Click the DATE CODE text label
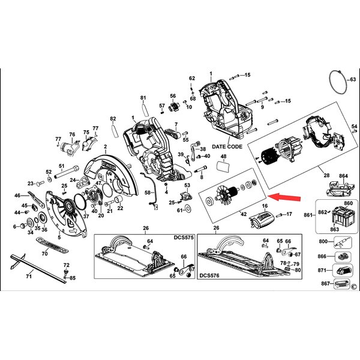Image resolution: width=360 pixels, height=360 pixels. pyautogui.click(x=226, y=146)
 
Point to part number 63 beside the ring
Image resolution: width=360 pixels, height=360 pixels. pyautogui.click(x=352, y=79)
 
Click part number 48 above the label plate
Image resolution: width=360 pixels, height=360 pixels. pyautogui.click(x=224, y=157)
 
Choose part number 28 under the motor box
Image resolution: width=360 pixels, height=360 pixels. pyautogui.click(x=326, y=175)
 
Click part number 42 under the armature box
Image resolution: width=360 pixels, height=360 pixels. pyautogui.click(x=244, y=214)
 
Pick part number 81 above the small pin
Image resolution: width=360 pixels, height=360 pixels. pyautogui.click(x=143, y=98)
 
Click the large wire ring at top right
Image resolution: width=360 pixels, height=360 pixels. pyautogui.click(x=339, y=82)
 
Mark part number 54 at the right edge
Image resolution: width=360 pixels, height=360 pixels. pyautogui.click(x=355, y=127)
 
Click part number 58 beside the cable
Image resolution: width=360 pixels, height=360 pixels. pyautogui.click(x=148, y=192)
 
